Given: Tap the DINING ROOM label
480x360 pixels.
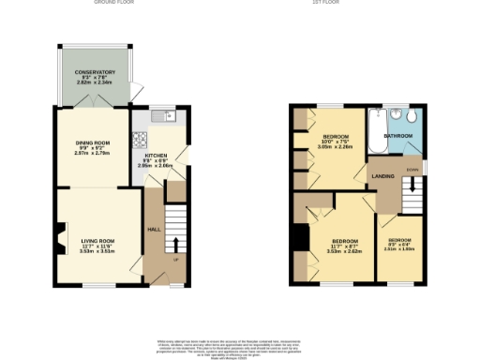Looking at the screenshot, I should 93,142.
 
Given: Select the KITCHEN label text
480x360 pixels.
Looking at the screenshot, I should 155,154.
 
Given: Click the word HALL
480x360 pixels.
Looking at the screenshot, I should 152,228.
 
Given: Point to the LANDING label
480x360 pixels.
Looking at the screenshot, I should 382,176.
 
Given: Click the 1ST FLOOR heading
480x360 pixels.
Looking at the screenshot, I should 352,4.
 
